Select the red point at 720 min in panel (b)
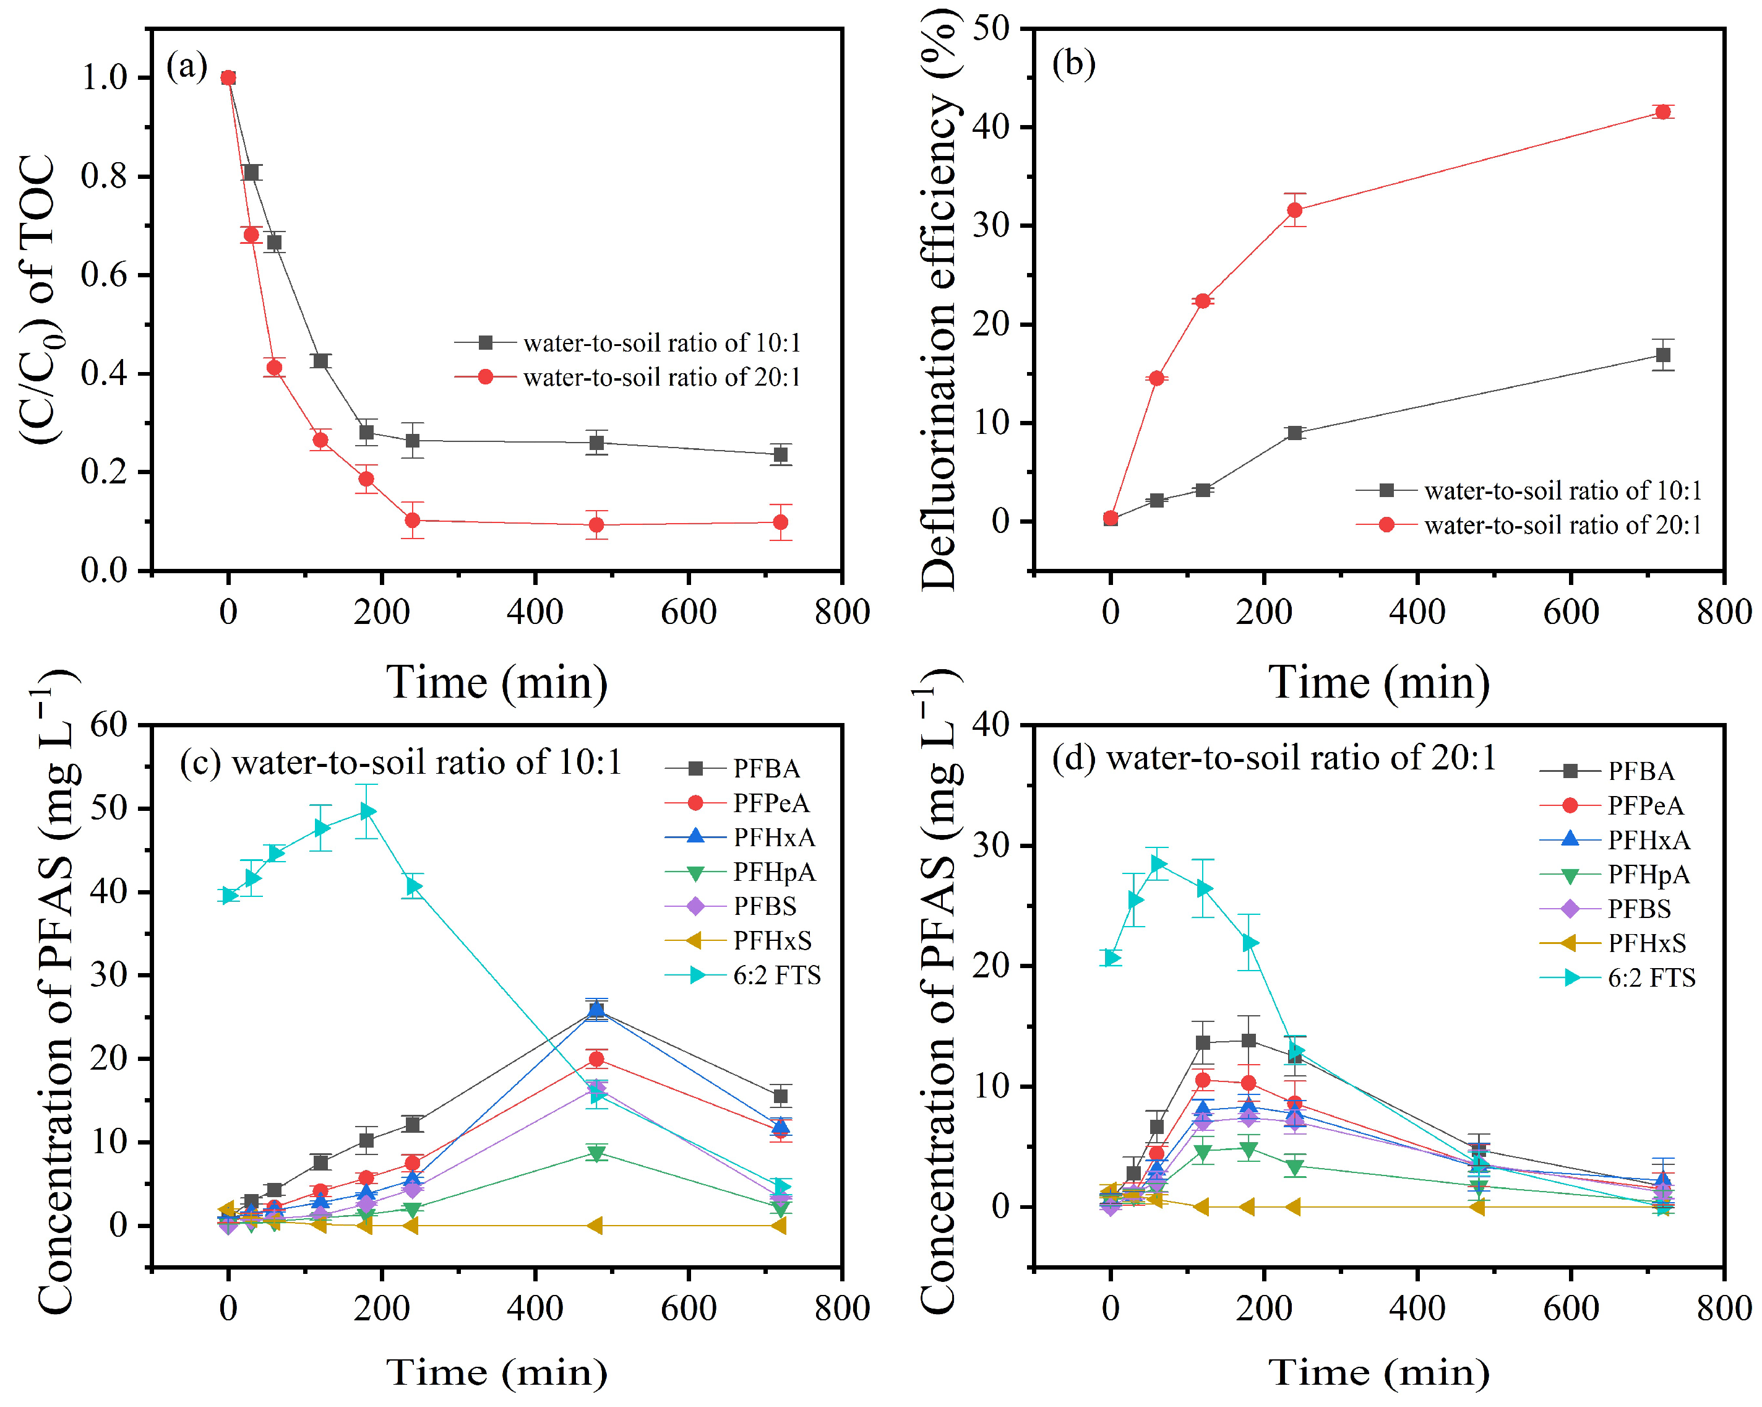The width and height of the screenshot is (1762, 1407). (x=1662, y=112)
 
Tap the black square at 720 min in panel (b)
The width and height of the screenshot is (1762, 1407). (x=1662, y=355)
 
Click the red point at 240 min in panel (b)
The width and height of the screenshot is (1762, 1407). (x=1294, y=210)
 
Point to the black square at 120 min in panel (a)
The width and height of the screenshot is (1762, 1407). (x=320, y=360)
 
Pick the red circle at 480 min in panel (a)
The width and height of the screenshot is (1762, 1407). (x=596, y=525)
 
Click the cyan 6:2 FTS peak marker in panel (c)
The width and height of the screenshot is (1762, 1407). (x=367, y=812)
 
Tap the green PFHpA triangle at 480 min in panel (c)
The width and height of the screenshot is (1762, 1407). (x=596, y=1154)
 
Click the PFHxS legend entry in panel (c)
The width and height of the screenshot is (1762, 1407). (x=739, y=941)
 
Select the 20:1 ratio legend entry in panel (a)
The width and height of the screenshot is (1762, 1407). (x=628, y=377)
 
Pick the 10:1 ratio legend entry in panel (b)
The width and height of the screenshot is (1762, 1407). (x=1528, y=490)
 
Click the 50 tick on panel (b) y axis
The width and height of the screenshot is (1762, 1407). (x=991, y=28)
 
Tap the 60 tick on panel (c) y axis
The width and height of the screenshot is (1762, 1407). (x=109, y=725)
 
